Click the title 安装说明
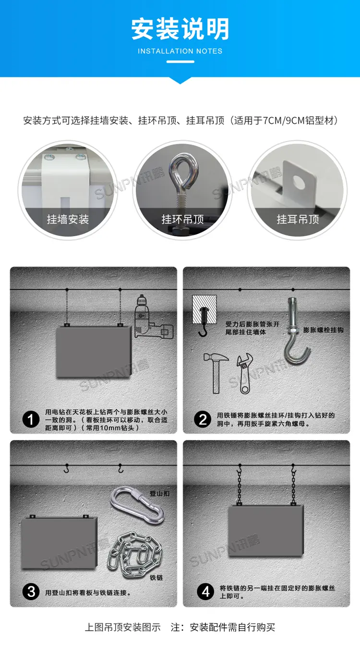(x=180, y=29)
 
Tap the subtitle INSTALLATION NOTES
(x=180, y=51)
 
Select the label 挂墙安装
(x=68, y=219)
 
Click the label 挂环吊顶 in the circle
(x=183, y=219)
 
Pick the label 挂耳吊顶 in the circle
(x=298, y=219)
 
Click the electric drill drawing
(x=154, y=317)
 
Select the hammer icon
(x=216, y=373)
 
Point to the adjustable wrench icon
(x=245, y=374)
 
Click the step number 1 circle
(x=31, y=419)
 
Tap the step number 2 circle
(x=203, y=419)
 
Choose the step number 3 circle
(x=31, y=592)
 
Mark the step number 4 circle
(x=205, y=592)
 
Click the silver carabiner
(x=137, y=505)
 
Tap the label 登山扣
(x=159, y=493)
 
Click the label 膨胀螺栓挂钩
(x=323, y=330)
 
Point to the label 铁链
(x=156, y=578)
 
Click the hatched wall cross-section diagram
(x=204, y=309)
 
